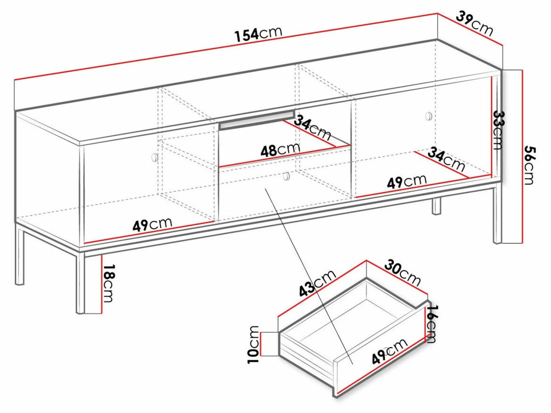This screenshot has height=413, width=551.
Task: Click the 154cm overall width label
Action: (258, 34)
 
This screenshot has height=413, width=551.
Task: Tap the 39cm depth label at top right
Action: (475, 24)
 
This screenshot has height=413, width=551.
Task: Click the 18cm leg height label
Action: (108, 283)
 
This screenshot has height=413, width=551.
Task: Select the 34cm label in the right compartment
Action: (446, 159)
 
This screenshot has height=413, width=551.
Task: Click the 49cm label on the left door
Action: (152, 224)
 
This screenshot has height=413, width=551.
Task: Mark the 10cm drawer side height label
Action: (253, 345)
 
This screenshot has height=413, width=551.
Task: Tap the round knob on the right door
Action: (429, 116)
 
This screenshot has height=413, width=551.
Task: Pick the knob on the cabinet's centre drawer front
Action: (287, 176)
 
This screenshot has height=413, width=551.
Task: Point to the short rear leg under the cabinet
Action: (437, 206)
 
